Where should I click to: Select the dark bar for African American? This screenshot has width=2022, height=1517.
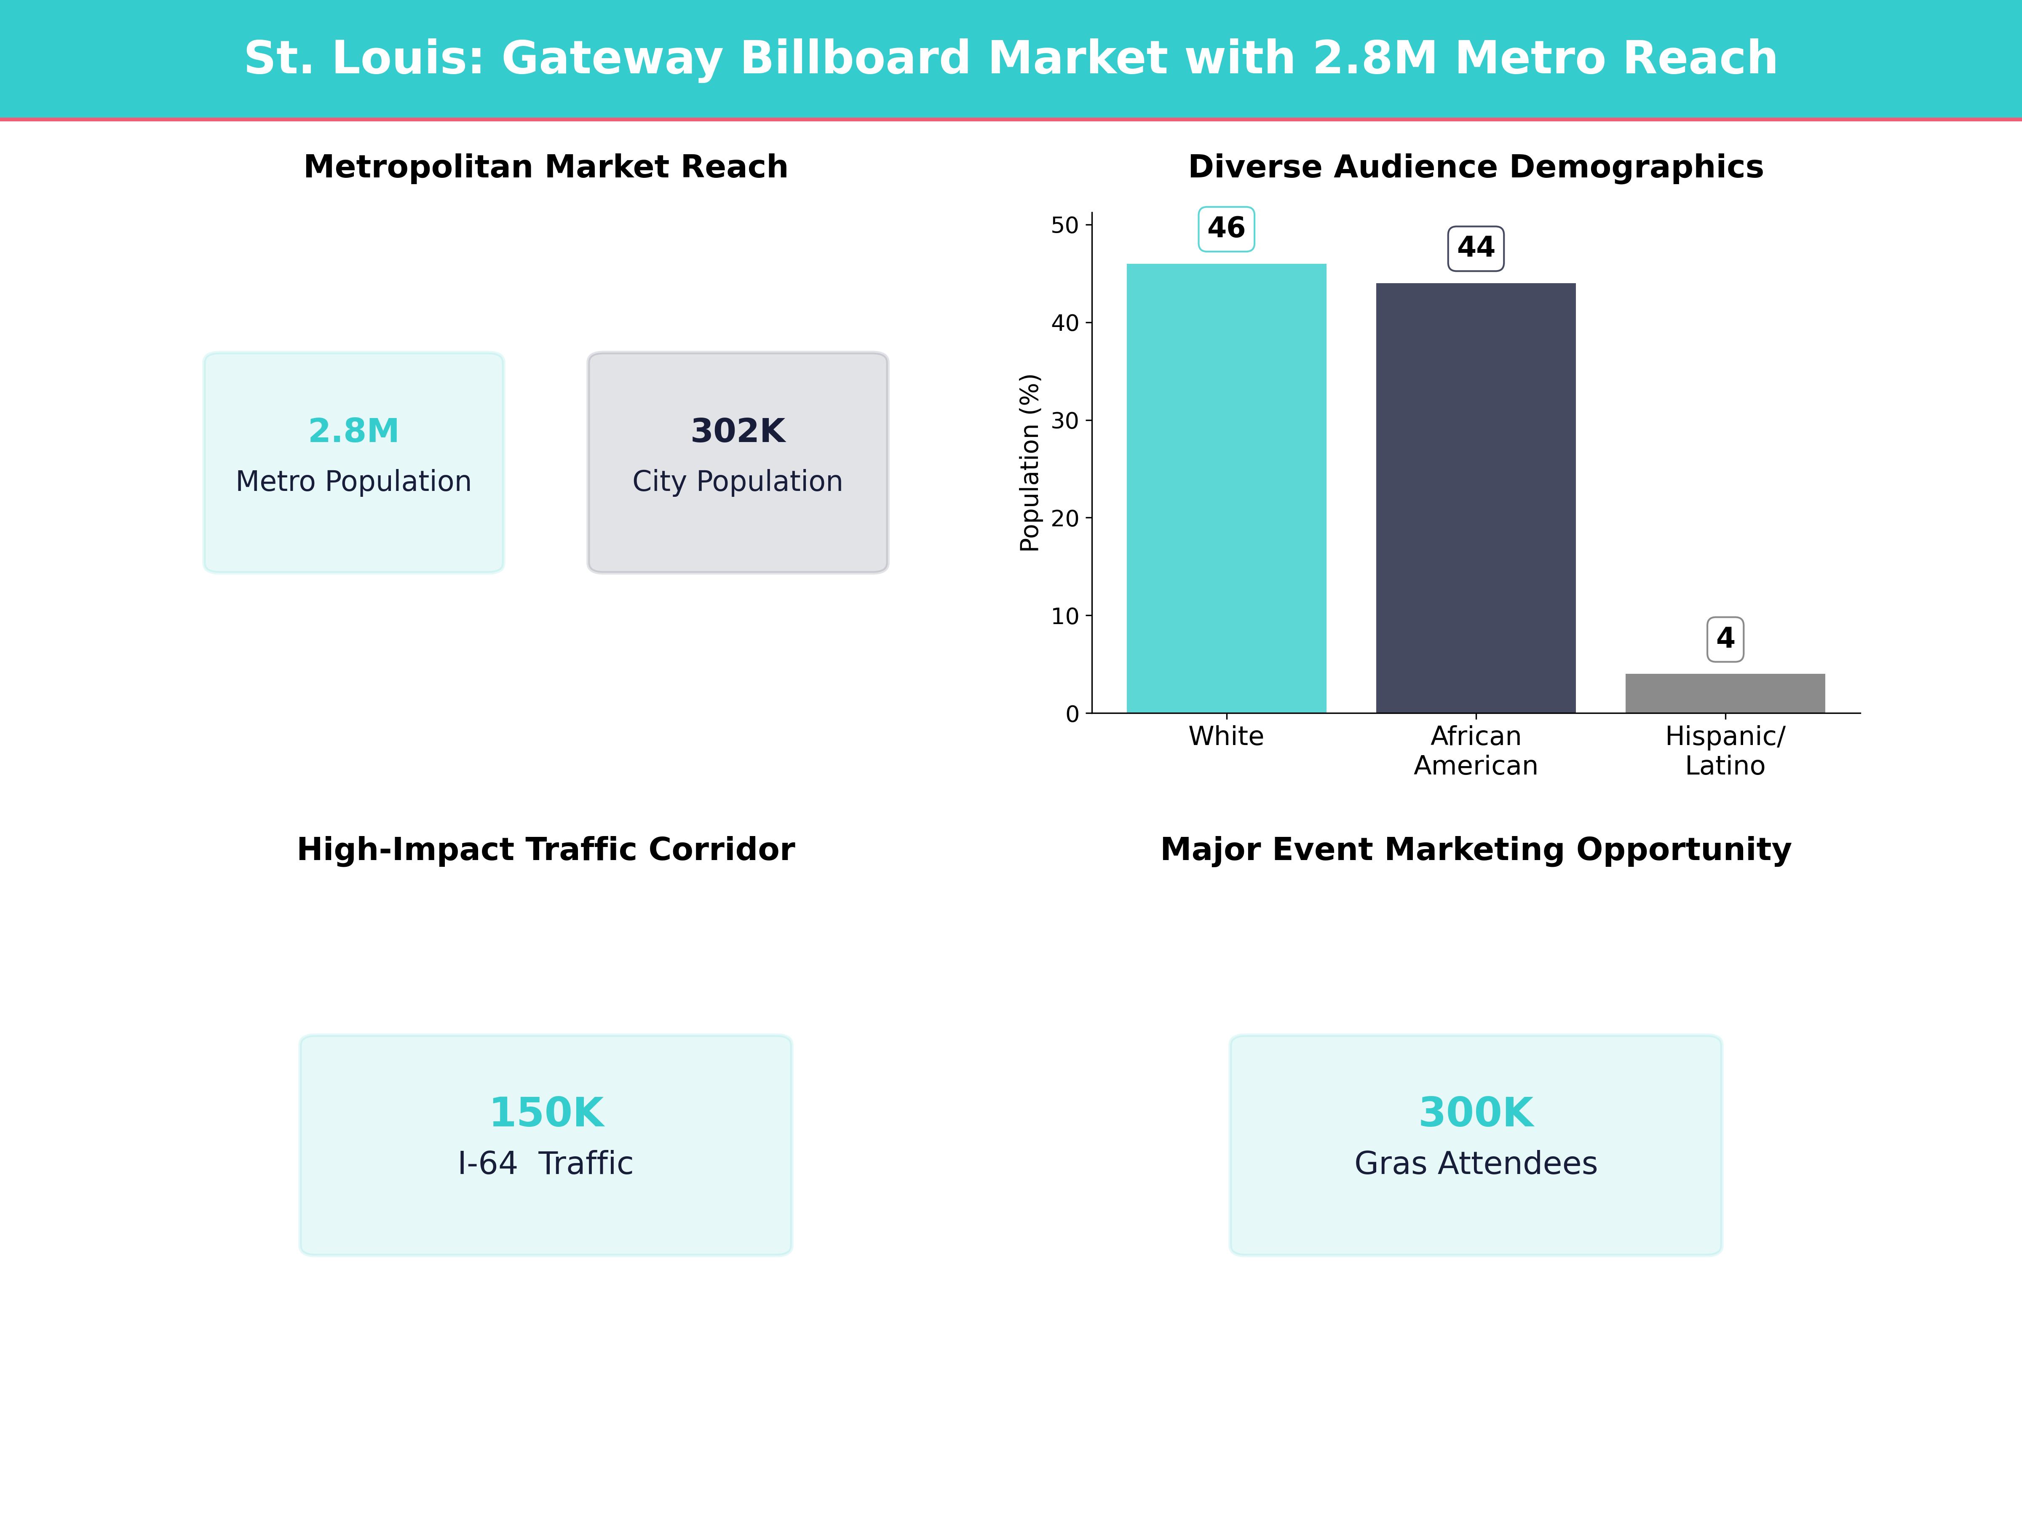click(1475, 499)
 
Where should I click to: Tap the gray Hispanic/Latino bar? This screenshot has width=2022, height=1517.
click(1725, 693)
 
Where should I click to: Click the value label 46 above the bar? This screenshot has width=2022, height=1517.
click(1226, 228)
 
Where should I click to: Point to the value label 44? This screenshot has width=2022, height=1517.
click(1475, 248)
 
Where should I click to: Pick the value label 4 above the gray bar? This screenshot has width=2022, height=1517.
click(1725, 638)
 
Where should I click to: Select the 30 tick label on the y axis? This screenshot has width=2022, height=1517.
click(1065, 421)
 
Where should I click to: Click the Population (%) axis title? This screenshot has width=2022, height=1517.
click(1030, 463)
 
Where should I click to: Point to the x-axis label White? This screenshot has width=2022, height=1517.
click(1226, 736)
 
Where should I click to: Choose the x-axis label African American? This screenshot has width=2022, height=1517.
click(1475, 751)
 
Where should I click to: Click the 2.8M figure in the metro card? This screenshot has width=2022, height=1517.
click(354, 431)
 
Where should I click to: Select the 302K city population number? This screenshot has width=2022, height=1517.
click(738, 431)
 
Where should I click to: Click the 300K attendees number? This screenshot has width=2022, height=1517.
click(1475, 1113)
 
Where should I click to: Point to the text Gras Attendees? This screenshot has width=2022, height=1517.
click(1475, 1163)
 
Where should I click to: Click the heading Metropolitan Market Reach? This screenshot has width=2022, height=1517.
click(546, 167)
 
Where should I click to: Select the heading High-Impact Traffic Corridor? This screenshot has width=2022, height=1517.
click(546, 850)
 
